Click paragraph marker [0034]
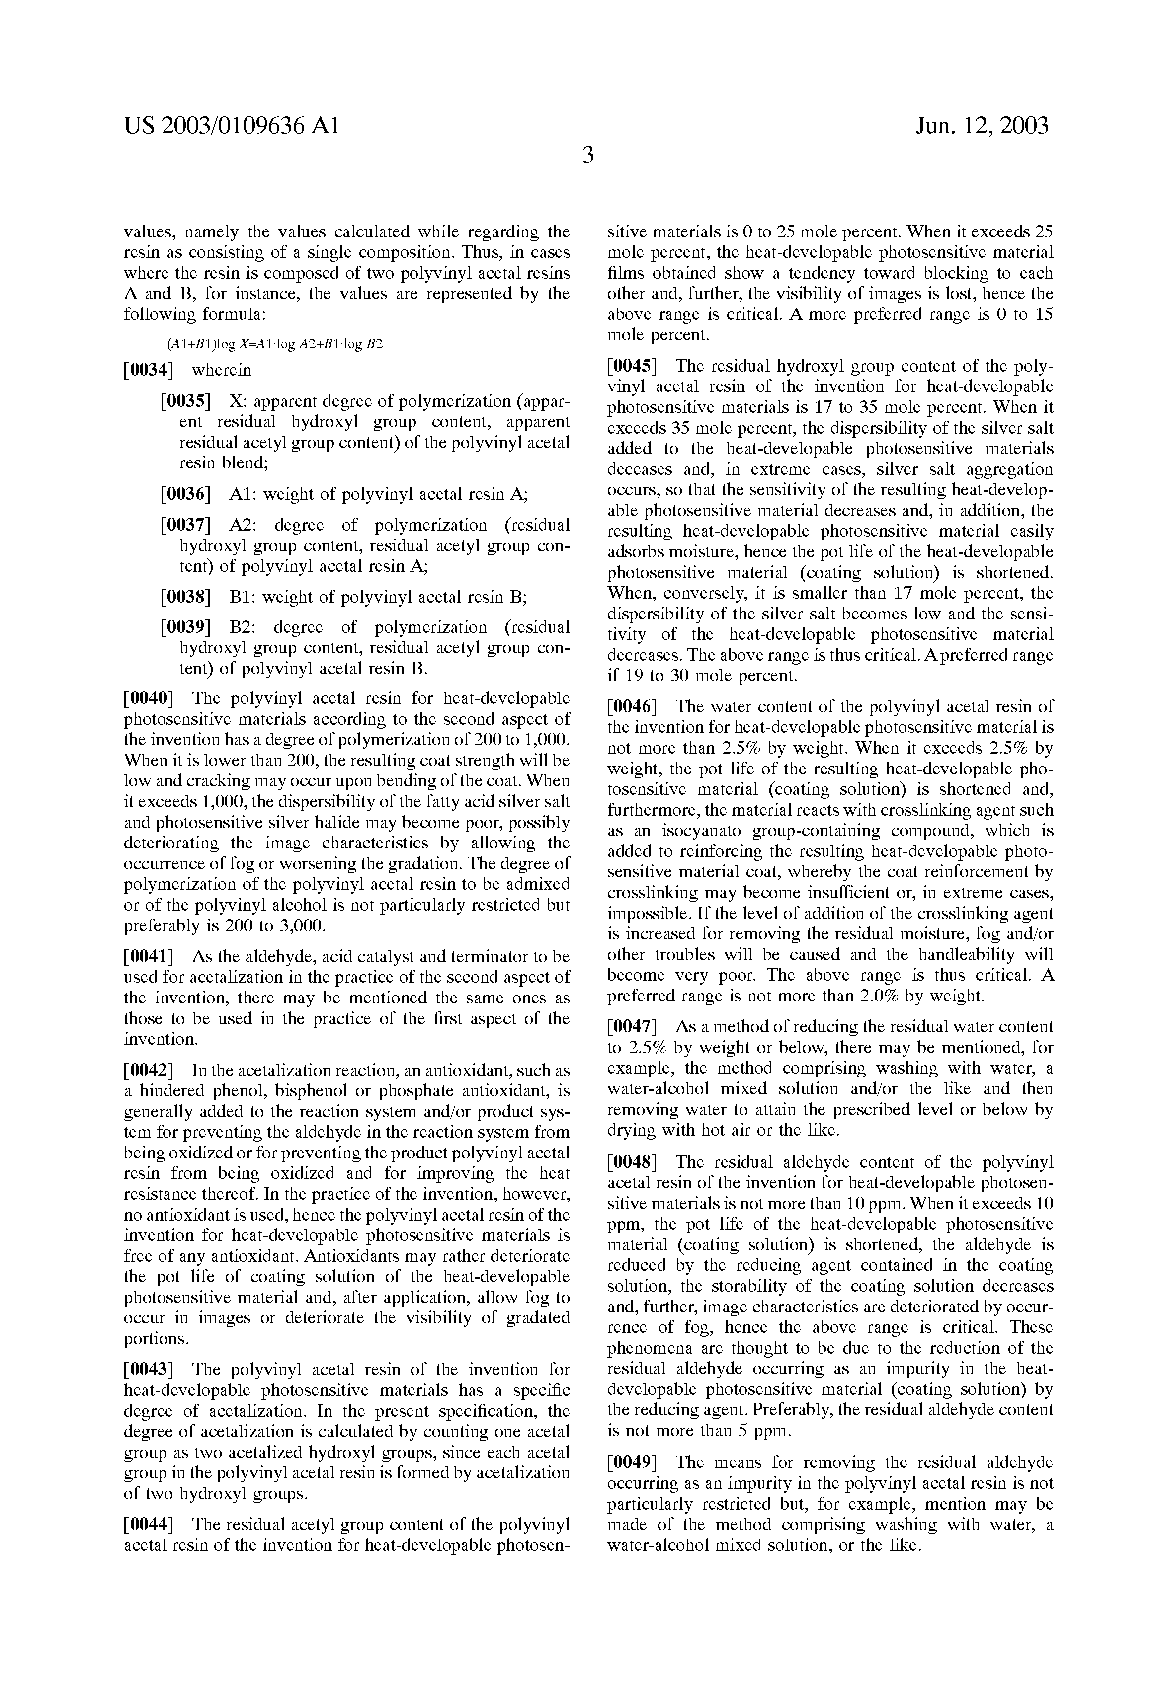[x=149, y=370]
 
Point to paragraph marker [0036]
[x=185, y=495]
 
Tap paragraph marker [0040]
[x=149, y=698]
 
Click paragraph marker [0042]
[x=149, y=1071]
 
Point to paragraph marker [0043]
[x=149, y=1370]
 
